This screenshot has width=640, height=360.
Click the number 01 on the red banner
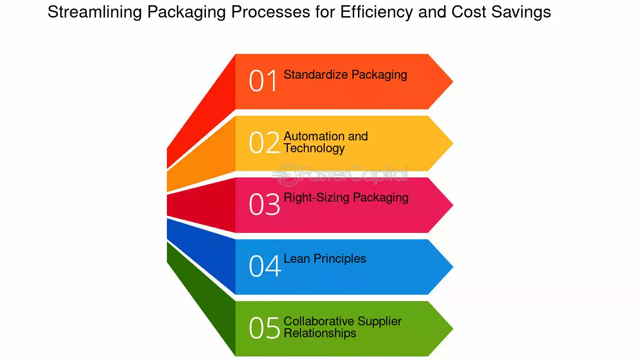263,81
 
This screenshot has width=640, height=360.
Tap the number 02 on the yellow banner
264,143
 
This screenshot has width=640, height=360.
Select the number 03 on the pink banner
264,204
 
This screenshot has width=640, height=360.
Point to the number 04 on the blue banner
265,266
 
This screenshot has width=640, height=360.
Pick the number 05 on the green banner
264,328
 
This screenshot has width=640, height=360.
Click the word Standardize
316,74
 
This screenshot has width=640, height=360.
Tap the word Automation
314,136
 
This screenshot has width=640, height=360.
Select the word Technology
314,148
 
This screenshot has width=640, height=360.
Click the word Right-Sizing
317,198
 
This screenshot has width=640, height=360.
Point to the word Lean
297,259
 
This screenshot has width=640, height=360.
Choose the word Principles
340,259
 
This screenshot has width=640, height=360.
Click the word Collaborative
319,321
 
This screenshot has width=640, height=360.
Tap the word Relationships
320,333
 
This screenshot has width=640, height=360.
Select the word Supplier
379,322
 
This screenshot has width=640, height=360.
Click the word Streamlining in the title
94,12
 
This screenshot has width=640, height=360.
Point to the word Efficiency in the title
376,12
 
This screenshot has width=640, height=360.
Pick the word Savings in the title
521,12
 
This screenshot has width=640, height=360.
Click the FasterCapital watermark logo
340,174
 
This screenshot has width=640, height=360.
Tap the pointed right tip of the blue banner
453,267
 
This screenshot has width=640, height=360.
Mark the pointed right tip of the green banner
453,329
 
